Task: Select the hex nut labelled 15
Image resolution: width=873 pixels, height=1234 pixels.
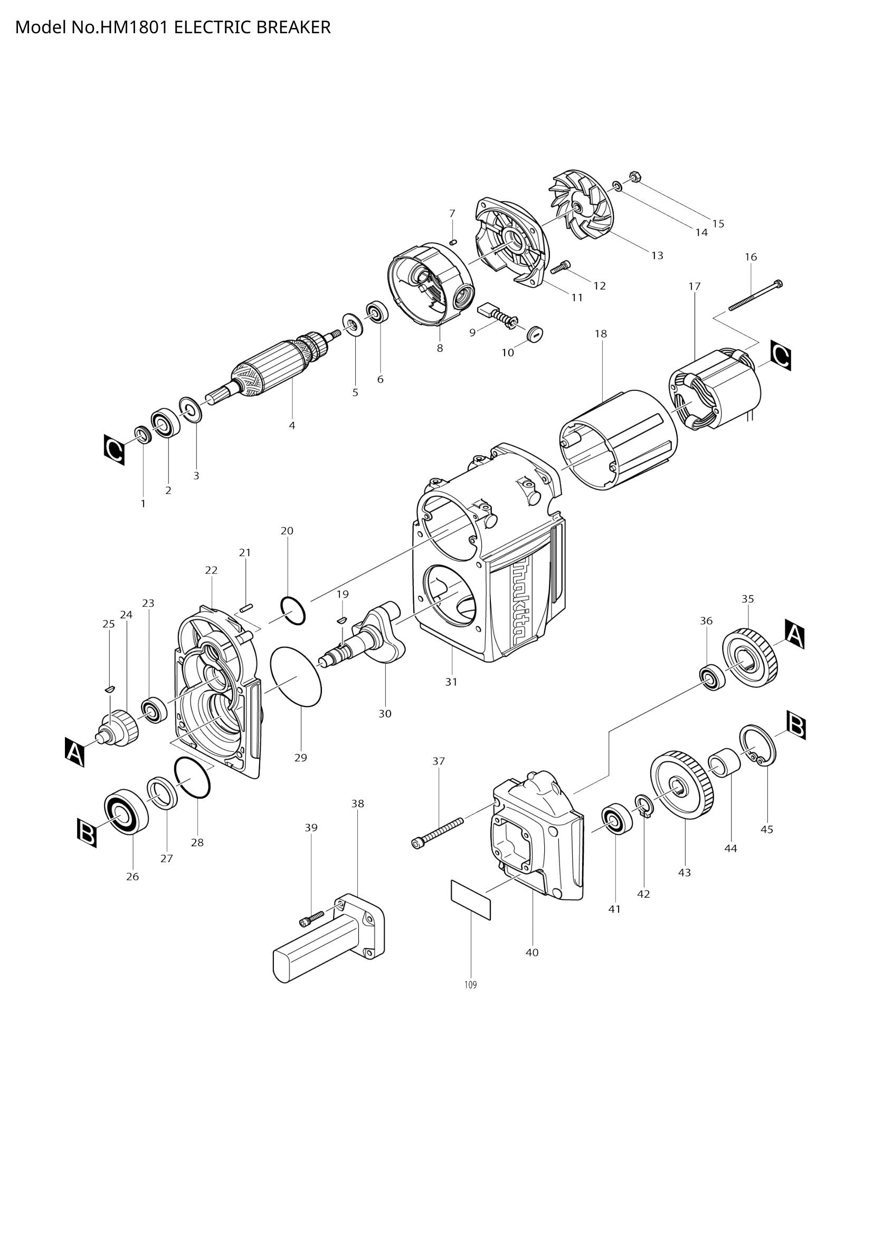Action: coord(633,177)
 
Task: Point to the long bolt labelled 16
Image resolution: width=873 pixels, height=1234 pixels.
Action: coord(755,295)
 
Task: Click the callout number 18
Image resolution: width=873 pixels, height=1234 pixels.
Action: coord(601,334)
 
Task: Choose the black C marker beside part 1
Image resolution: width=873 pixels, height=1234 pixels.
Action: coord(114,449)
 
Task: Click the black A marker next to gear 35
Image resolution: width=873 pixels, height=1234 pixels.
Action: coord(794,634)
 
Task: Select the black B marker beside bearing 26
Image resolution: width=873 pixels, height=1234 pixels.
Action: coord(86,833)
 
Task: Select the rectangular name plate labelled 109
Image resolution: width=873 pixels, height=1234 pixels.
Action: coord(470,900)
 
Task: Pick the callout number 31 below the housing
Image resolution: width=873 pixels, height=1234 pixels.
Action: coord(451,682)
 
